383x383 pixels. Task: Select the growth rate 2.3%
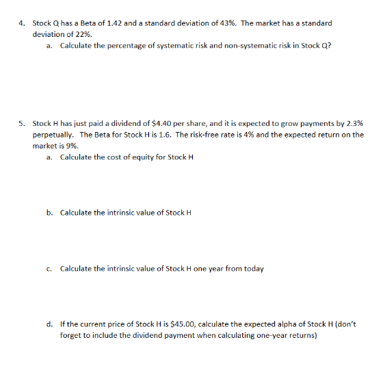point(354,124)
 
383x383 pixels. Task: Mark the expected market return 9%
point(70,145)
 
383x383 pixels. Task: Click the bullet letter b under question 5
point(50,213)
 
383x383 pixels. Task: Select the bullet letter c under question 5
point(50,268)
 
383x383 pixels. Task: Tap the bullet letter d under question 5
point(50,323)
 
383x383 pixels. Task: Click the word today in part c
point(253,268)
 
